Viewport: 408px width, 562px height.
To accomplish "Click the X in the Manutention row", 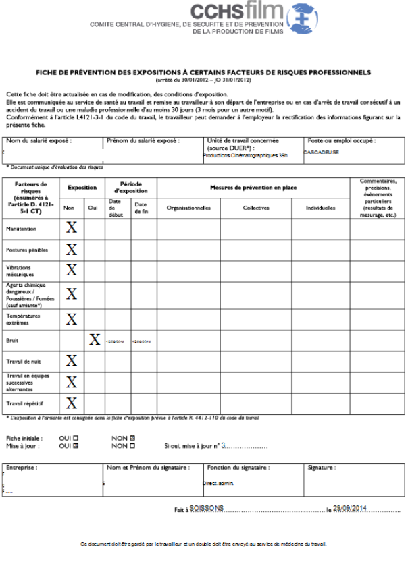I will (x=71, y=228).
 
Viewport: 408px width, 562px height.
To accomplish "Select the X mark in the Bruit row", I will (x=95, y=339).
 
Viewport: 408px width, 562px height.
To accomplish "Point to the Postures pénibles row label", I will (x=27, y=250).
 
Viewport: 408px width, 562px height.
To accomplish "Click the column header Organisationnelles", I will (x=188, y=208).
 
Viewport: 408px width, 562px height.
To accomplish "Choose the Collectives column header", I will (x=256, y=208).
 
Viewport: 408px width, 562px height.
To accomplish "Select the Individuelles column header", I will (x=320, y=208).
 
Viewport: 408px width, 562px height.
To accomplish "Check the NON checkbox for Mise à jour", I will (x=132, y=446).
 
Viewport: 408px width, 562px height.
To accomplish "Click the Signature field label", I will (x=322, y=467).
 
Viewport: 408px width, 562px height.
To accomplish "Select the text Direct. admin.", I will (x=218, y=484).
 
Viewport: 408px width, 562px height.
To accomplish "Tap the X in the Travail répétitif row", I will (x=71, y=403).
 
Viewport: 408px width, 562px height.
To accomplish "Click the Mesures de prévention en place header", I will (x=253, y=187).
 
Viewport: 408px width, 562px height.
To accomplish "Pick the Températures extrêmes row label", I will (x=24, y=318).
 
